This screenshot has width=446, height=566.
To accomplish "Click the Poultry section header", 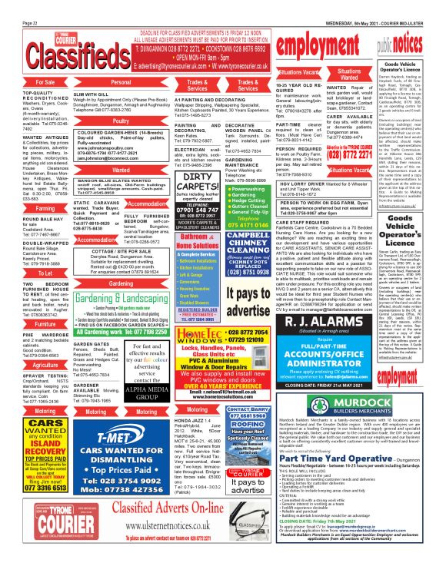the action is (121, 121).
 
